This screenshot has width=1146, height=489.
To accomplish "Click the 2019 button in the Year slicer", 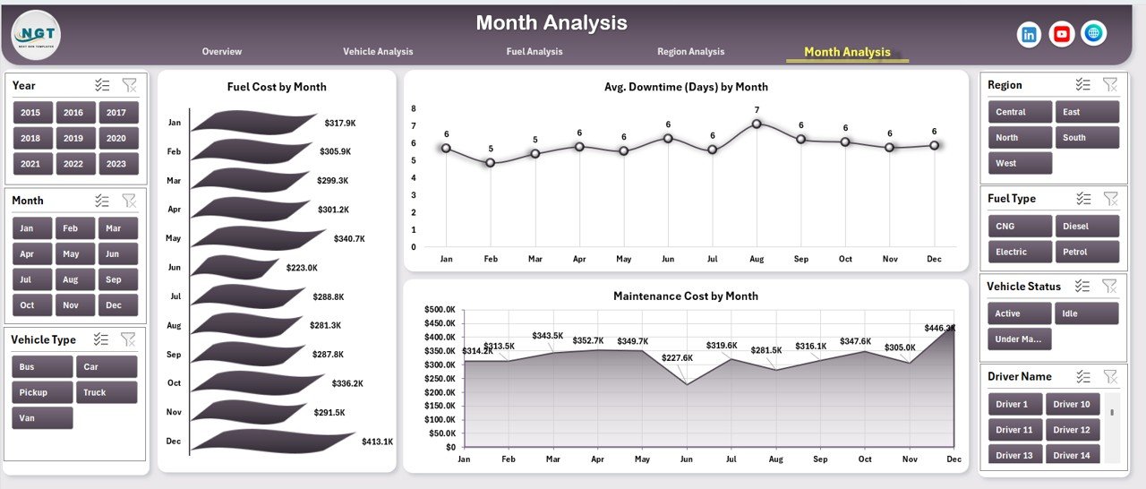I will point(73,138).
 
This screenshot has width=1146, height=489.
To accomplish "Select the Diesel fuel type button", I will point(1087,227).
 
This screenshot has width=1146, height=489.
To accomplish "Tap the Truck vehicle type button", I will point(107,392).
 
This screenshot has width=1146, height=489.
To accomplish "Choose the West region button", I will point(1020,163).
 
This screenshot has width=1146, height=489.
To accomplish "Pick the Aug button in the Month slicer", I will point(71,279).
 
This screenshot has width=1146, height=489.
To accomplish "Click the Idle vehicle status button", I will point(1087,313).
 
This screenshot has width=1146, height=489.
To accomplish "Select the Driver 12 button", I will point(1072,430).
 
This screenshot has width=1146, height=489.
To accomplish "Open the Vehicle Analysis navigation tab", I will point(378,52).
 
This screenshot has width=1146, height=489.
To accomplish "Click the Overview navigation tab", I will point(222,52).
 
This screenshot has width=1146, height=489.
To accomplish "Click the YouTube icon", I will point(1062,34).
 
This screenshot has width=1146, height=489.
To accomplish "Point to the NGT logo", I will point(36,34).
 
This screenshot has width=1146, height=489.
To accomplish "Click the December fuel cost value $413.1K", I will point(377,442).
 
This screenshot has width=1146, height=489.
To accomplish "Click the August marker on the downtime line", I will point(757,124).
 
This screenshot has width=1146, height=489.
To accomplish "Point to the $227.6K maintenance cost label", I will point(676,357).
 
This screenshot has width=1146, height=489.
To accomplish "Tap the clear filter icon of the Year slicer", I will point(130,85).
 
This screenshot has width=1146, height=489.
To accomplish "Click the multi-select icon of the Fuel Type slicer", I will point(1083,199).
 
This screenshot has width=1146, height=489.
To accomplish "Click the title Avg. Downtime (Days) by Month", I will point(686,87).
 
